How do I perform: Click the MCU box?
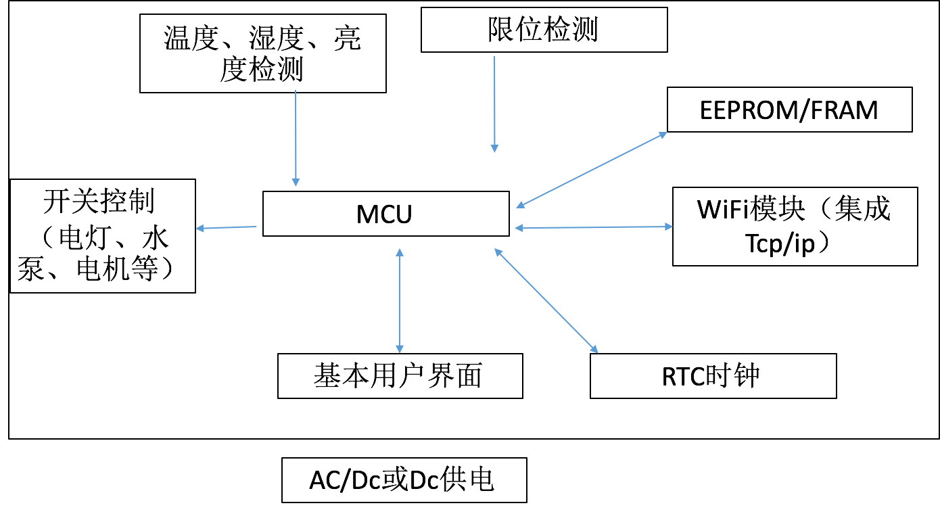tap(385, 214)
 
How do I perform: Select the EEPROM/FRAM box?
tap(789, 110)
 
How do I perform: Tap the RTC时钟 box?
tap(713, 376)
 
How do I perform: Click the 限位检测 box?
tap(544, 30)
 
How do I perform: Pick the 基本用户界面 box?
tap(400, 376)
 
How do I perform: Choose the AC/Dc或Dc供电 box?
tap(404, 480)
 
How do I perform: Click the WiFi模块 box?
tap(795, 226)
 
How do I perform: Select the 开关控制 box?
tap(102, 235)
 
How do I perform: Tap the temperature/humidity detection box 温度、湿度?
tap(262, 54)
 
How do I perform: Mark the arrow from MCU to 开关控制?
tap(227, 228)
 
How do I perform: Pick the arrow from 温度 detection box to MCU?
tap(296, 139)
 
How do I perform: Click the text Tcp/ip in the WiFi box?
tap(780, 244)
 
